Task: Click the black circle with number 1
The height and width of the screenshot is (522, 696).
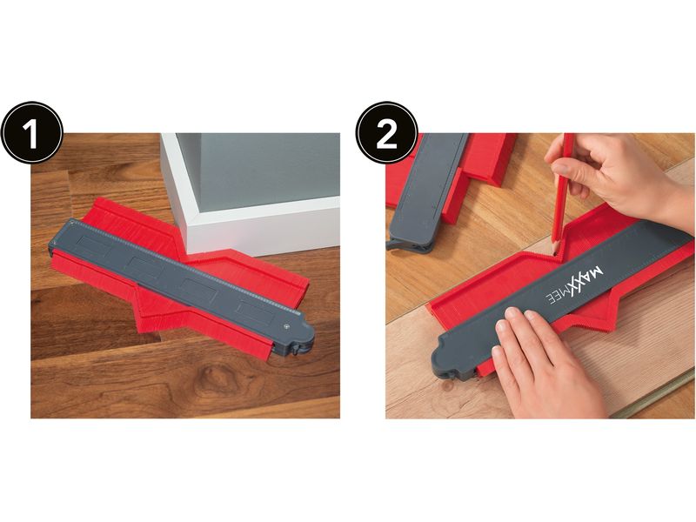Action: [x=32, y=133]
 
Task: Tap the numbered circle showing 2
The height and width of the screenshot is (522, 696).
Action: [x=386, y=133]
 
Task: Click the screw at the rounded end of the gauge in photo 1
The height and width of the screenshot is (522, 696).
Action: [x=285, y=327]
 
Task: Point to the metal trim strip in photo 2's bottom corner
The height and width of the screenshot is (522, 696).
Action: [x=652, y=398]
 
